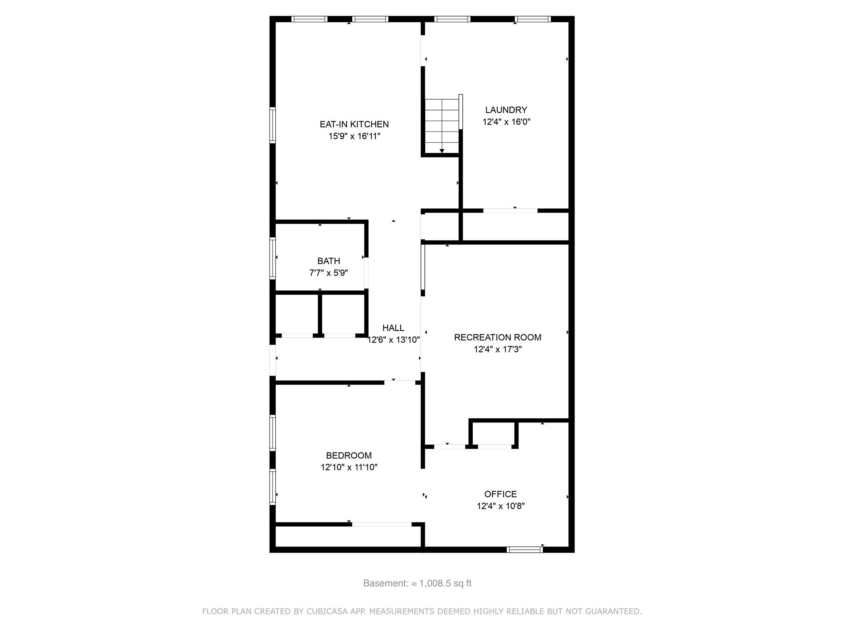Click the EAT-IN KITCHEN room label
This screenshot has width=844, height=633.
pos(354,124)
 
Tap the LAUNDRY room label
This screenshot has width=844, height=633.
pos(506,110)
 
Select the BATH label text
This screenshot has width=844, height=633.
pos(328,261)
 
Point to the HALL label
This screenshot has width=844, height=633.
pos(393,328)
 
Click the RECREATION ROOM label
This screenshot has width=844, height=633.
pos(497,338)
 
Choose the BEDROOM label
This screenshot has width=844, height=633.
pos(349,455)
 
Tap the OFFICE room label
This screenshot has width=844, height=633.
pos(500,494)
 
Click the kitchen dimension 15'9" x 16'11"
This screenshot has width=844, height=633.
pos(354,136)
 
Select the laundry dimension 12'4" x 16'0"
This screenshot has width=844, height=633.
pos(506,122)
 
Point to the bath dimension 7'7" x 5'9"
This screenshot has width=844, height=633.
pos(328,273)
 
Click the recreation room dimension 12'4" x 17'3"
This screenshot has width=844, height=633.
pos(497,349)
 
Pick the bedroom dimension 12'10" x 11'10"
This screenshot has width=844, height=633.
pos(349,467)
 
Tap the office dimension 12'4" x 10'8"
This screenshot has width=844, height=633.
pos(500,506)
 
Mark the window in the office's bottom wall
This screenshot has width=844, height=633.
pos(525,549)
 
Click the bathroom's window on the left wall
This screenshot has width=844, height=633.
pos(272,258)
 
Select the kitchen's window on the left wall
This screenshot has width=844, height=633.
pos(272,125)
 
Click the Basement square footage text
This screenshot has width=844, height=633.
pos(417,584)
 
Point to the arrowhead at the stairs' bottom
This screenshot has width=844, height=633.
pos(442,151)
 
